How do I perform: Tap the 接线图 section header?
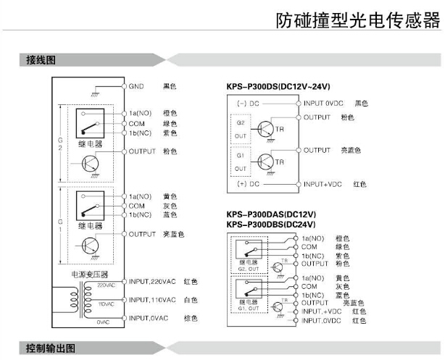pyautogui.click(x=41, y=60)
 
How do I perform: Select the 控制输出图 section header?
pyautogui.click(x=50, y=348)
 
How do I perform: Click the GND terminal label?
pyautogui.click(x=136, y=86)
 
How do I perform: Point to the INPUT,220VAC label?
pyautogui.click(x=152, y=281)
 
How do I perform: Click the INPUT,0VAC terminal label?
pyautogui.click(x=148, y=318)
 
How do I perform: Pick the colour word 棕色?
pyautogui.click(x=191, y=318)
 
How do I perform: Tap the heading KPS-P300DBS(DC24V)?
pyautogui.click(x=269, y=225)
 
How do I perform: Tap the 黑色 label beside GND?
pyautogui.click(x=170, y=86)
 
